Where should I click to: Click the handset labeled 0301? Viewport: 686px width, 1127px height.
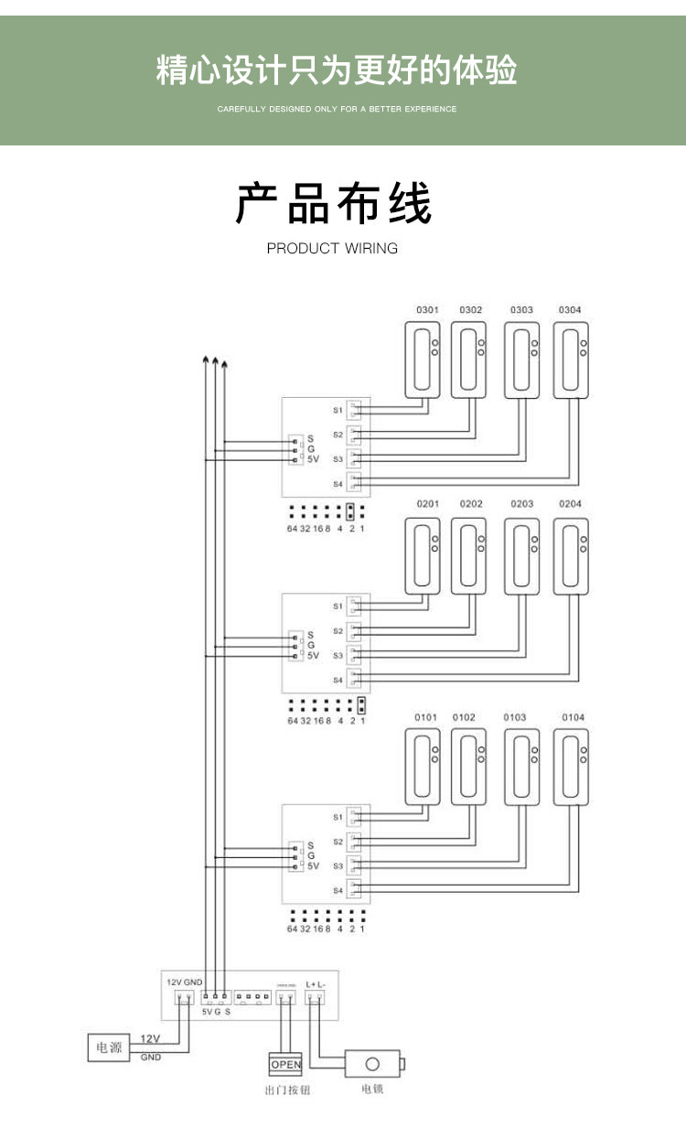pos(422,360)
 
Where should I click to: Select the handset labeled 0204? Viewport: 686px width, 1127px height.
pos(571,553)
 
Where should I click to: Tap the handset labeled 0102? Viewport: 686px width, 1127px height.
pos(469,767)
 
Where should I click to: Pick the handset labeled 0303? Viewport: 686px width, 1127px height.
pos(521,360)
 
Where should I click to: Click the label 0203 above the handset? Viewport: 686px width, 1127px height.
pos(522,504)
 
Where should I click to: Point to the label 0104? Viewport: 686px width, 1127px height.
pos(573,717)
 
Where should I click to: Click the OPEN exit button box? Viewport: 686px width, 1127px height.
pos(285,1064)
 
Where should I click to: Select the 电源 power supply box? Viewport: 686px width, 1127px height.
pos(109,1047)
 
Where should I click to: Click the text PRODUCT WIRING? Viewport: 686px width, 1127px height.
pos(332,248)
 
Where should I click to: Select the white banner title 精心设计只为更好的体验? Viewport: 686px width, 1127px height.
pos(337,70)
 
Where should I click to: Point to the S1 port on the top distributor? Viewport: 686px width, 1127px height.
pos(355,410)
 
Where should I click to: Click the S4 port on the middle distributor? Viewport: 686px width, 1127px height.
pos(355,680)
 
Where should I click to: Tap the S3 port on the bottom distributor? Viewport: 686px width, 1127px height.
pos(355,865)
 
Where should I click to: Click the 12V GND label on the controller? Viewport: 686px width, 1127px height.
pos(184,982)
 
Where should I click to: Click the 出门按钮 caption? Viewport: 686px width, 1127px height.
pos(284,1090)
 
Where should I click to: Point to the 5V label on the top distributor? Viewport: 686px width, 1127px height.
pos(313,460)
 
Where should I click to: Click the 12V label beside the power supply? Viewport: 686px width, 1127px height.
pos(149,1039)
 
